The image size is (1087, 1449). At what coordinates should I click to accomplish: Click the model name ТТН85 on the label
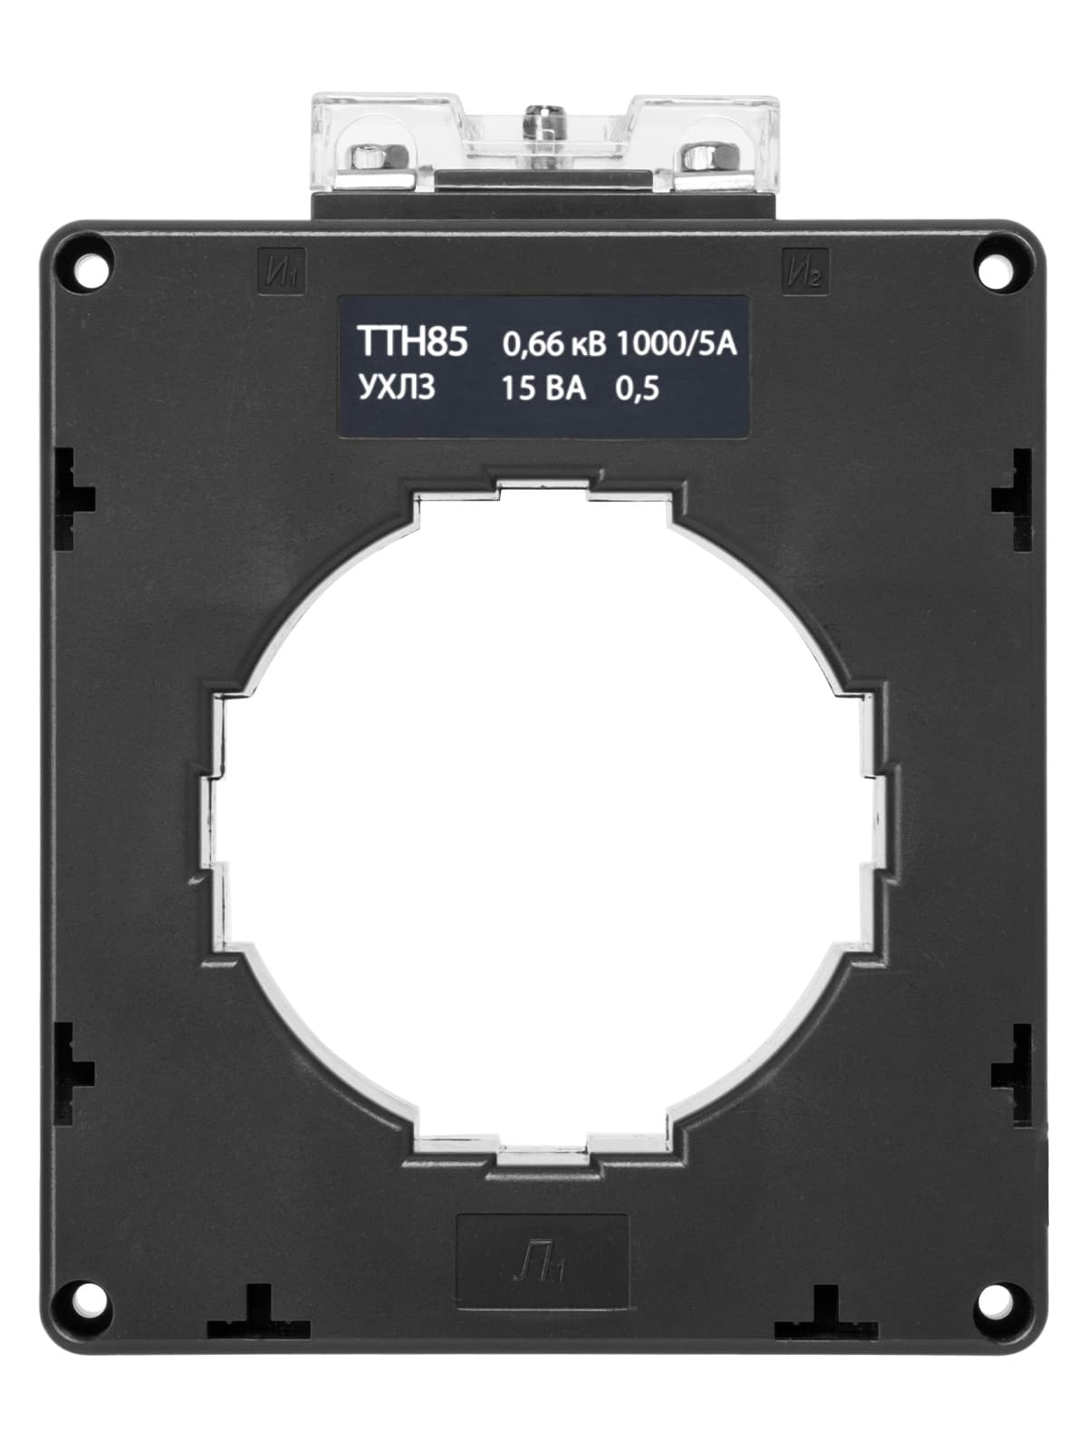click(412, 341)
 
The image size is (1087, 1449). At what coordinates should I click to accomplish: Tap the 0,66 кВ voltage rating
click(553, 345)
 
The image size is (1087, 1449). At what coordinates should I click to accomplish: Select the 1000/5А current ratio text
click(676, 344)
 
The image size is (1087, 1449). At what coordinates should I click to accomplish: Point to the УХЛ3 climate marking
click(397, 388)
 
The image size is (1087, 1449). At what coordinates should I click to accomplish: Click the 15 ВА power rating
click(543, 389)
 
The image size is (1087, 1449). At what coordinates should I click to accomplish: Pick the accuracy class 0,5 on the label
click(637, 389)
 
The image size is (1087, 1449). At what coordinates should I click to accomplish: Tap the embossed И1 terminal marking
click(281, 272)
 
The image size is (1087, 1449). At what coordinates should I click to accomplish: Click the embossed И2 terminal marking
click(805, 272)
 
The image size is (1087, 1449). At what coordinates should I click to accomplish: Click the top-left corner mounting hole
click(89, 269)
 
